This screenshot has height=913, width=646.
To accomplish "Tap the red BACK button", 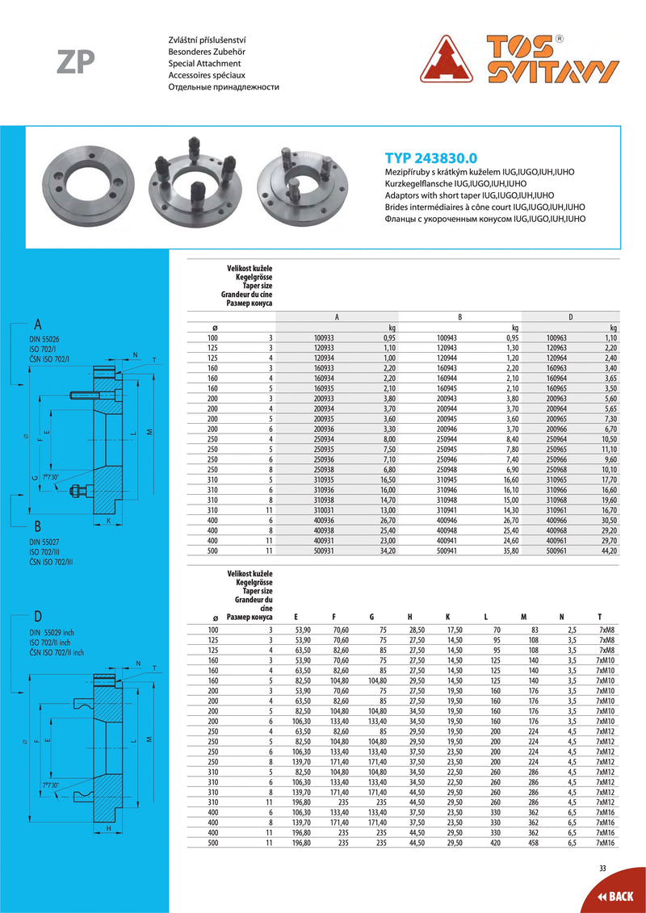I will [615, 896].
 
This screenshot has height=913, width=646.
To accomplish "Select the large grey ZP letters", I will [76, 62].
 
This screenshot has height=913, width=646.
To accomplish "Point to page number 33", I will [602, 868].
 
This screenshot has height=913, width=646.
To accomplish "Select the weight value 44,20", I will [608, 551].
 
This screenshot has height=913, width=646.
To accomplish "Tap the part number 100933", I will [324, 337].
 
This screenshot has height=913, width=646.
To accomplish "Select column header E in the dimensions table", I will [296, 618].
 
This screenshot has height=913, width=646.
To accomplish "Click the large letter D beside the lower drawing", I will [37, 617].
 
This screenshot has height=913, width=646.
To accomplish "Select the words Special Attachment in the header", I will [204, 63].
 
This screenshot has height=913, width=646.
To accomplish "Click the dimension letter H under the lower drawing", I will [108, 828].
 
